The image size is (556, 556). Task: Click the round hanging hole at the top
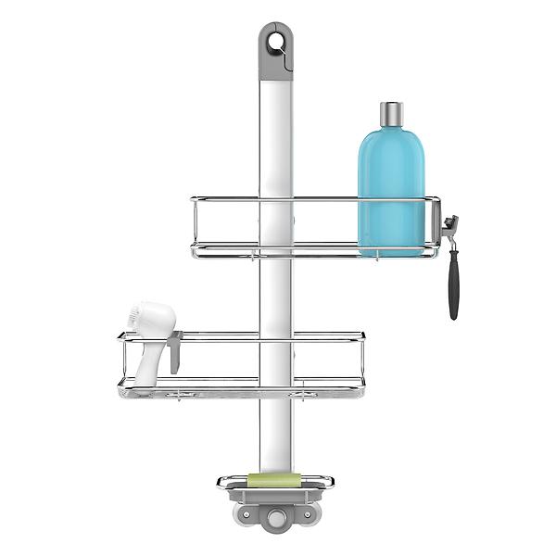click(x=275, y=42)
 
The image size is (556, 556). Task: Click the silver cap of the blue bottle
click(x=391, y=114)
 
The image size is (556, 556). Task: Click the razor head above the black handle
click(x=451, y=225)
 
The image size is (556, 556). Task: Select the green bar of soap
click(x=274, y=479)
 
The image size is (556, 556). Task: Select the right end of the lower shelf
click(x=362, y=361)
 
